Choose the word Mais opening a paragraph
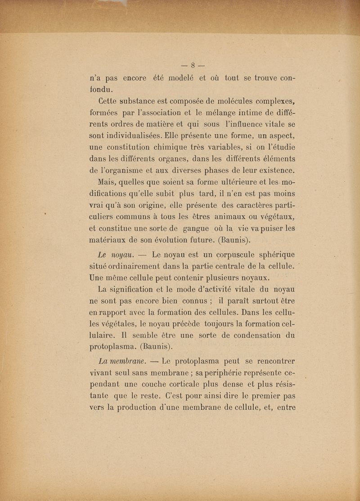point(108,183)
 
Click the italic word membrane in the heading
point(128,361)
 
